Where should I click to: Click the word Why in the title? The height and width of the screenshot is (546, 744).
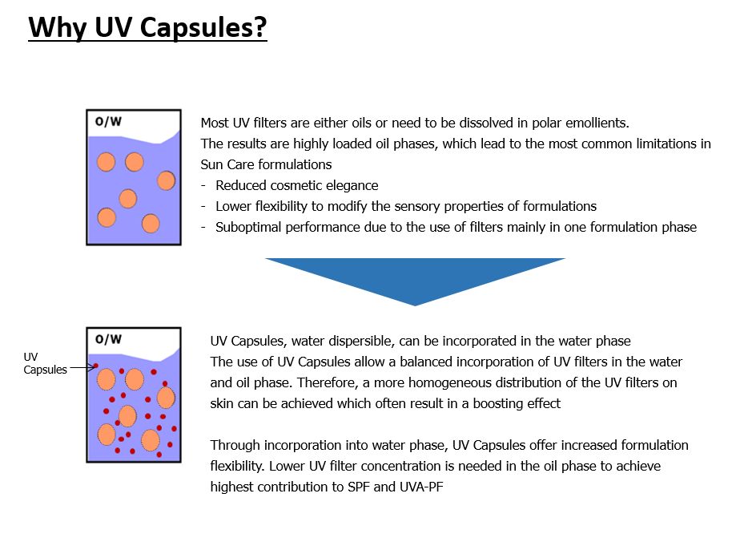coord(58,27)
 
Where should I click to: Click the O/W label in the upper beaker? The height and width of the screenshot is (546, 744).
coord(108,122)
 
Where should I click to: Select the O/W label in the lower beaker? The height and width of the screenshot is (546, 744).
coord(108,339)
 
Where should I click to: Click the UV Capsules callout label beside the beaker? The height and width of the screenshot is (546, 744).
coord(45,363)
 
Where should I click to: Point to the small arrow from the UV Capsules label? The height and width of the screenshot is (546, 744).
coord(82,367)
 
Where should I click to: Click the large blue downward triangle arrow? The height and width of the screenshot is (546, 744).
coord(415,281)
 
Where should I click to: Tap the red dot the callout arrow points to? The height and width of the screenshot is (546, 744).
coord(96,366)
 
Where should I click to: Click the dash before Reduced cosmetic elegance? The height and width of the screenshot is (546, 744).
coord(203,186)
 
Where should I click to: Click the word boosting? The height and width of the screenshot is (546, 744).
coord(497,404)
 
